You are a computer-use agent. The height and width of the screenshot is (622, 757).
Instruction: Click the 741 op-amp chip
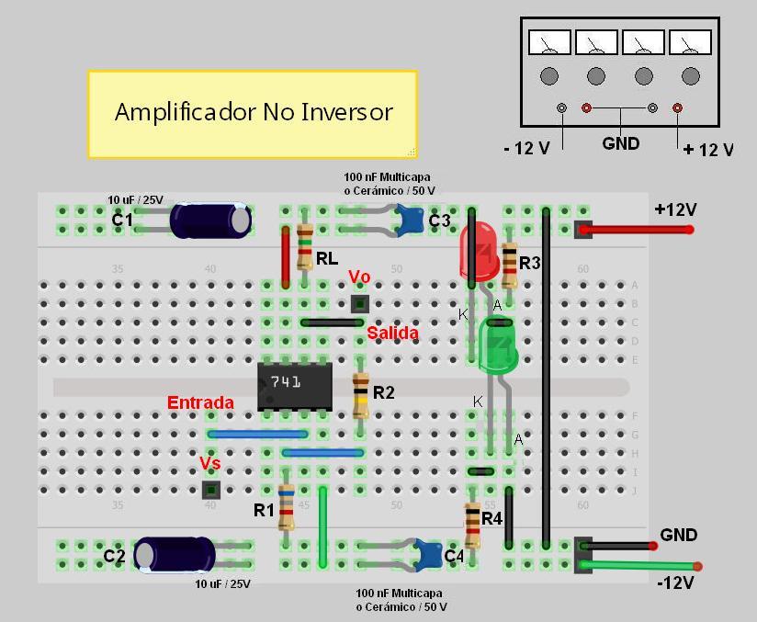(294, 386)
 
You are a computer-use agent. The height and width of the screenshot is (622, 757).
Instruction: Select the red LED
(479, 253)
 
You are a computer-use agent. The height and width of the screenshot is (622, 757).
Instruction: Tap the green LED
(498, 345)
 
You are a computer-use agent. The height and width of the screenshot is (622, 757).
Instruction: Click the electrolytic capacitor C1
(210, 221)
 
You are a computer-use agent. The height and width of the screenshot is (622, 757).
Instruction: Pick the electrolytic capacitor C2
(175, 554)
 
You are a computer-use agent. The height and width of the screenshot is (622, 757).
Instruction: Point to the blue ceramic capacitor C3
(410, 220)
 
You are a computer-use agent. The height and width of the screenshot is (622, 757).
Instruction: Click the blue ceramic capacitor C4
(427, 554)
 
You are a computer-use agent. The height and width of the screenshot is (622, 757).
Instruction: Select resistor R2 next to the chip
(361, 394)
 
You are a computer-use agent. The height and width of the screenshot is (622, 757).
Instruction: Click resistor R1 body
(287, 508)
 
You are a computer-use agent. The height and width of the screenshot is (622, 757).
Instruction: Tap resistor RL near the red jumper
(305, 247)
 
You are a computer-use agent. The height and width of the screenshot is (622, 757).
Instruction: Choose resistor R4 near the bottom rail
(472, 524)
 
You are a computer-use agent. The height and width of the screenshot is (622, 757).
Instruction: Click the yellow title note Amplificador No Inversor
(253, 113)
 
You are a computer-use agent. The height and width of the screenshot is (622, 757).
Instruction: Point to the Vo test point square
(360, 304)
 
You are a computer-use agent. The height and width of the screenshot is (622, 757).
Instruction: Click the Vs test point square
(210, 490)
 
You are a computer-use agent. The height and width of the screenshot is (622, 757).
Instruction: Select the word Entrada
(200, 402)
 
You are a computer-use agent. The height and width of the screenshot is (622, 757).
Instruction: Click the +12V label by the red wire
(675, 209)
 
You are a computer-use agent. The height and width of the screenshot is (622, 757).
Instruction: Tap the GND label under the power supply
(620, 143)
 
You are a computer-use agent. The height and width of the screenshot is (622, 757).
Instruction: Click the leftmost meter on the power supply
(549, 43)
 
